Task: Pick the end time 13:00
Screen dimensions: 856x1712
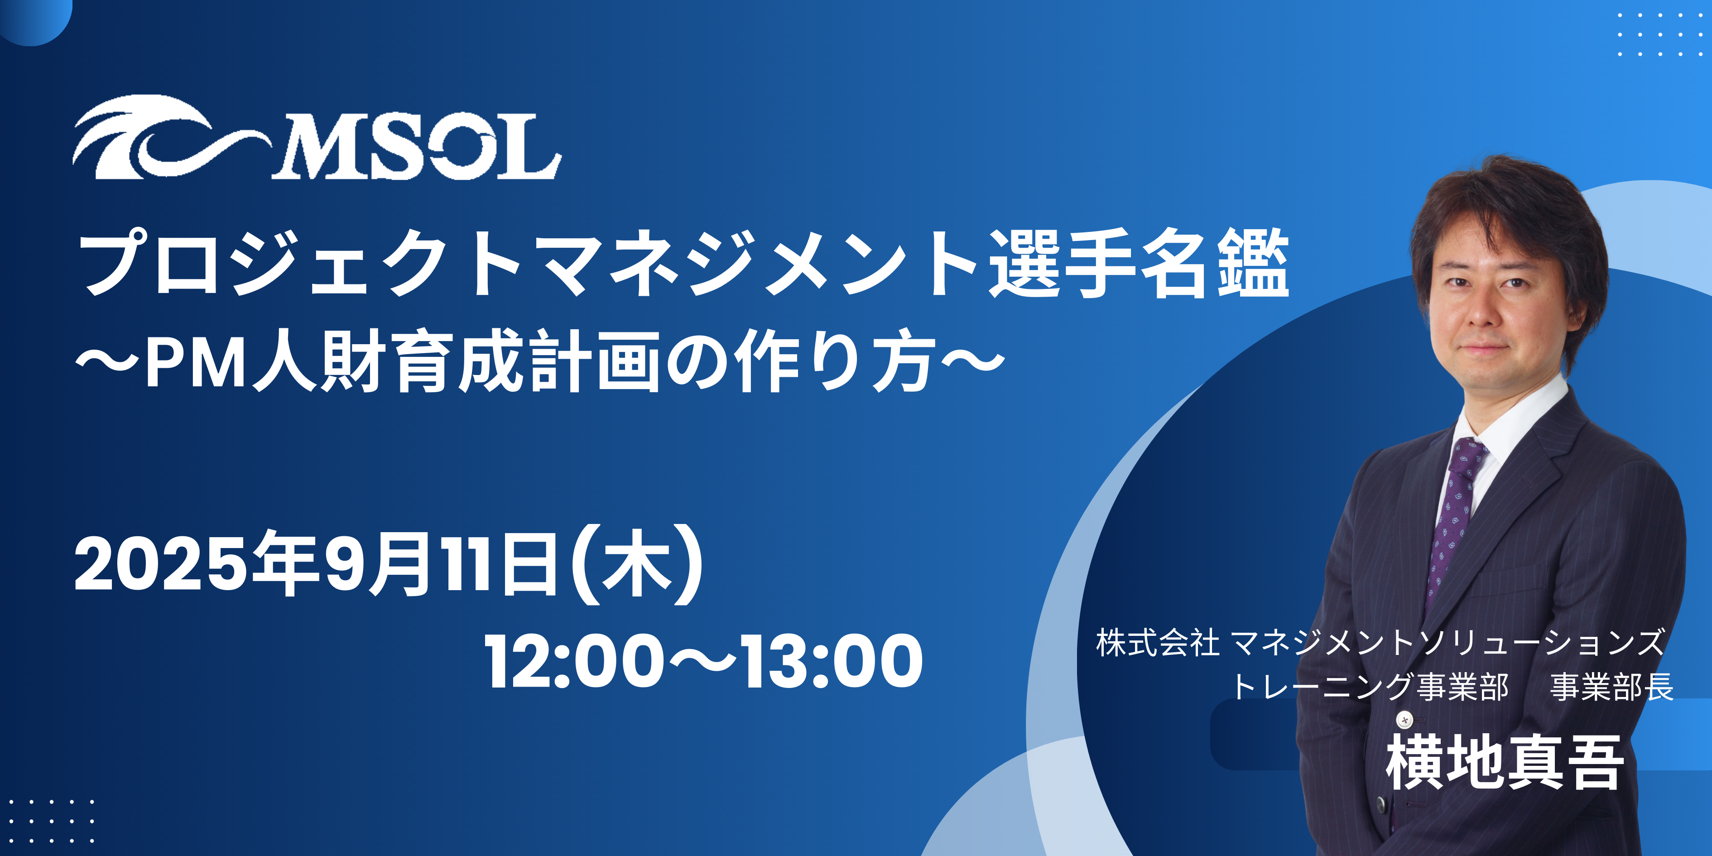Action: pyautogui.click(x=831, y=661)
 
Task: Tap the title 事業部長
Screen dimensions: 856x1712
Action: pyautogui.click(x=1611, y=687)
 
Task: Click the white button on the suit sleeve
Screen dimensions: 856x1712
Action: pyautogui.click(x=1404, y=719)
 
